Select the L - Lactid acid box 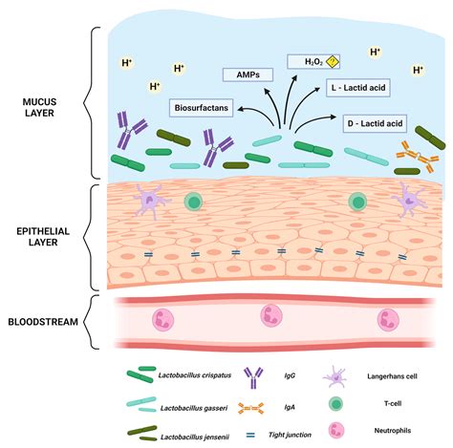pos(358,88)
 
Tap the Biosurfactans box pos(202,108)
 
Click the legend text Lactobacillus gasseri pos(198,409)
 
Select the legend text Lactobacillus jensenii pos(198,435)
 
